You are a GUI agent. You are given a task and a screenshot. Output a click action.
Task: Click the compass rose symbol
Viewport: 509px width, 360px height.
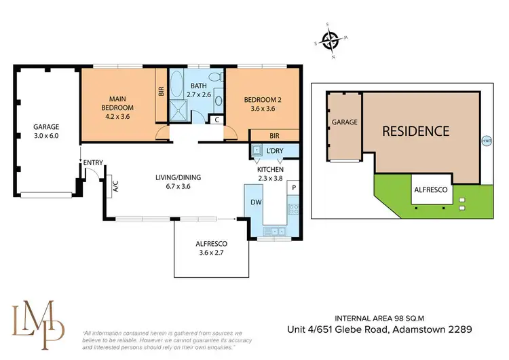click(x=331, y=42)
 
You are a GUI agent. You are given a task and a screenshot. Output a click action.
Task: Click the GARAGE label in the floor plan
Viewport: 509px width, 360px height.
click(x=47, y=127)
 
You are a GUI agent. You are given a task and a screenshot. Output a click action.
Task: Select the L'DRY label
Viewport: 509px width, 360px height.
click(x=274, y=149)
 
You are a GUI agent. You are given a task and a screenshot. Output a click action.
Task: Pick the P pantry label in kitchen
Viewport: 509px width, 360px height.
click(x=294, y=186)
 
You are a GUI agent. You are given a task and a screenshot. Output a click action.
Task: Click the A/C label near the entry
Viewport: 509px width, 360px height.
click(x=115, y=186)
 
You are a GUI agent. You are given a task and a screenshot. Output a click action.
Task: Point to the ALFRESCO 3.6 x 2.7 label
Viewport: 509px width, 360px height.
click(x=211, y=247)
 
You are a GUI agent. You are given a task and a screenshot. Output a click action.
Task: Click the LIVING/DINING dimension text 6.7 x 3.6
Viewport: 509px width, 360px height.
click(x=178, y=186)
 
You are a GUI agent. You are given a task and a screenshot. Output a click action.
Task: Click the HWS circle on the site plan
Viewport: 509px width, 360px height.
click(x=485, y=141)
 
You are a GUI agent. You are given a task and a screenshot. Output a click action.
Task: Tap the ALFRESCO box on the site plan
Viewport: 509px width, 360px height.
click(x=431, y=191)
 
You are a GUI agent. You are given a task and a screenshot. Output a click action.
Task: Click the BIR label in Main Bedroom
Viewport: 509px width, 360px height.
click(x=161, y=90)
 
